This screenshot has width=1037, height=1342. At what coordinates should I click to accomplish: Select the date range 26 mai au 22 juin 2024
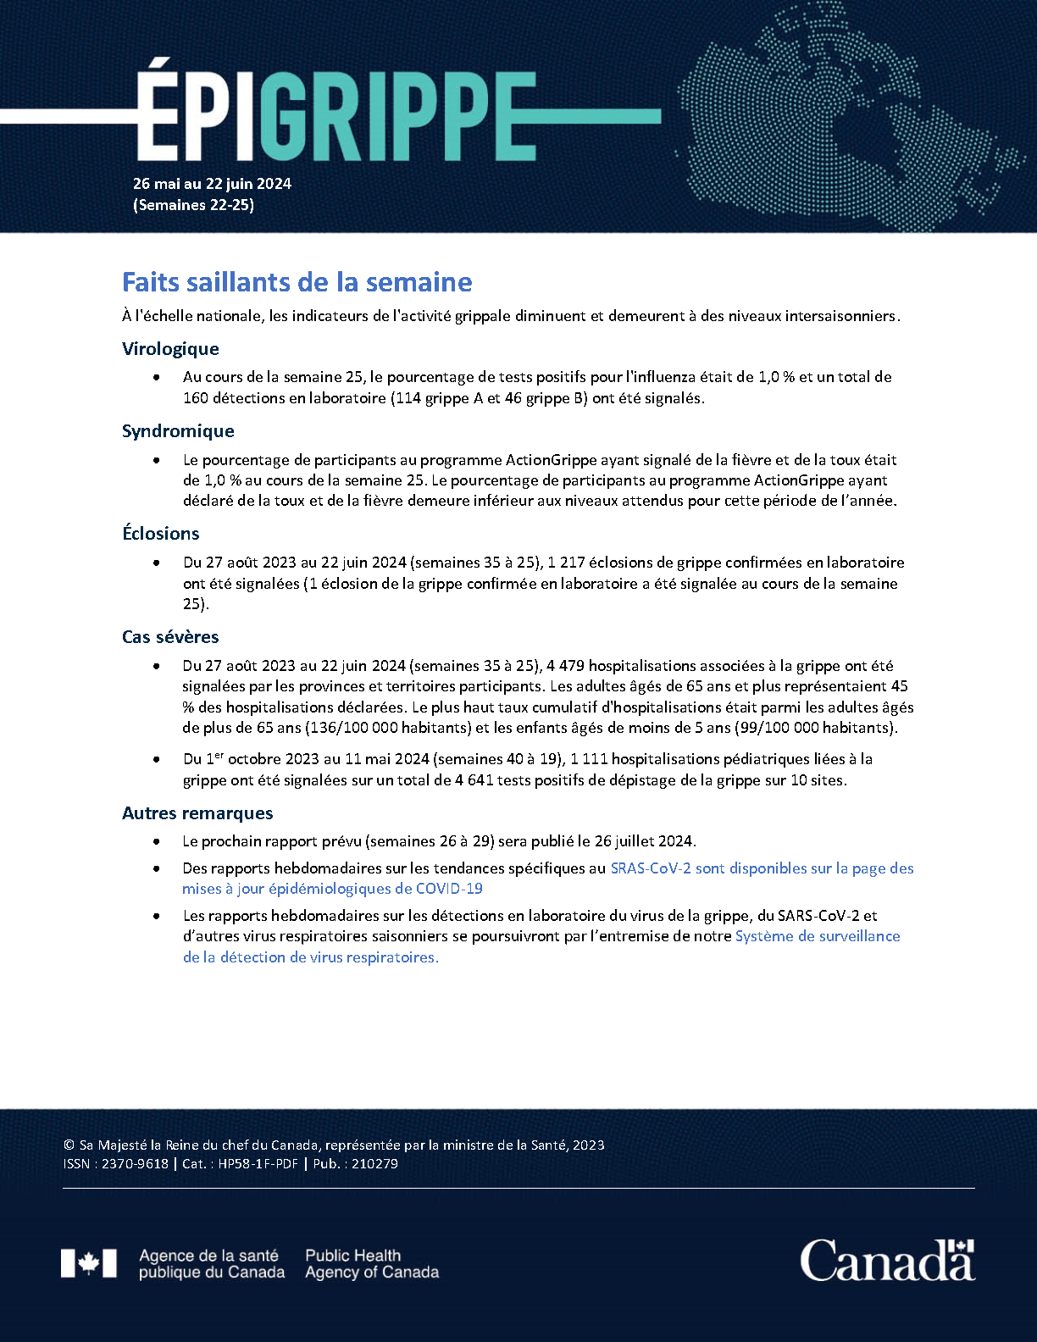[212, 184]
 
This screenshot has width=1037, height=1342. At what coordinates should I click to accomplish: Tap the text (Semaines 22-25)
[193, 205]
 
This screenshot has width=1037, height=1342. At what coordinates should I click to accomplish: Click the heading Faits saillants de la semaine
[297, 282]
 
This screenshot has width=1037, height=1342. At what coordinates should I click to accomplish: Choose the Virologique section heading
[170, 349]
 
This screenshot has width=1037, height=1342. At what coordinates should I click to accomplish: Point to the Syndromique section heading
[178, 431]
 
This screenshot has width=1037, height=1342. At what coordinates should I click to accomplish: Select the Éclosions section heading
[161, 534]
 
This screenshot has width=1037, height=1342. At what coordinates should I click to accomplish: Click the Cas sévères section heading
[170, 637]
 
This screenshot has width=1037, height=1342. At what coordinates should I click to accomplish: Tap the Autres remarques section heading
[197, 813]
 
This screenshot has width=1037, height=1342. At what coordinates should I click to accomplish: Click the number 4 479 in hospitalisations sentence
[565, 666]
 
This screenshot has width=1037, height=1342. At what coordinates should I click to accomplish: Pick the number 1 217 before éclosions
[566, 563]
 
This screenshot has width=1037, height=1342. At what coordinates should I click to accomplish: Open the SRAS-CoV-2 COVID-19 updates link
[762, 868]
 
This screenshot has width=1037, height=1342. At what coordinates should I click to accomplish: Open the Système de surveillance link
[818, 936]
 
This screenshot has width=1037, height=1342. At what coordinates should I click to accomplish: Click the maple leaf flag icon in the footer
[89, 1263]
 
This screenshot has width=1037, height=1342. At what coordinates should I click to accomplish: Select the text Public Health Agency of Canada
[372, 1264]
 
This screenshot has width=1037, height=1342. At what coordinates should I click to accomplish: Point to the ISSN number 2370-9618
[135, 1164]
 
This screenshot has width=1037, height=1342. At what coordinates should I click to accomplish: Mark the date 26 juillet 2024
[644, 841]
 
